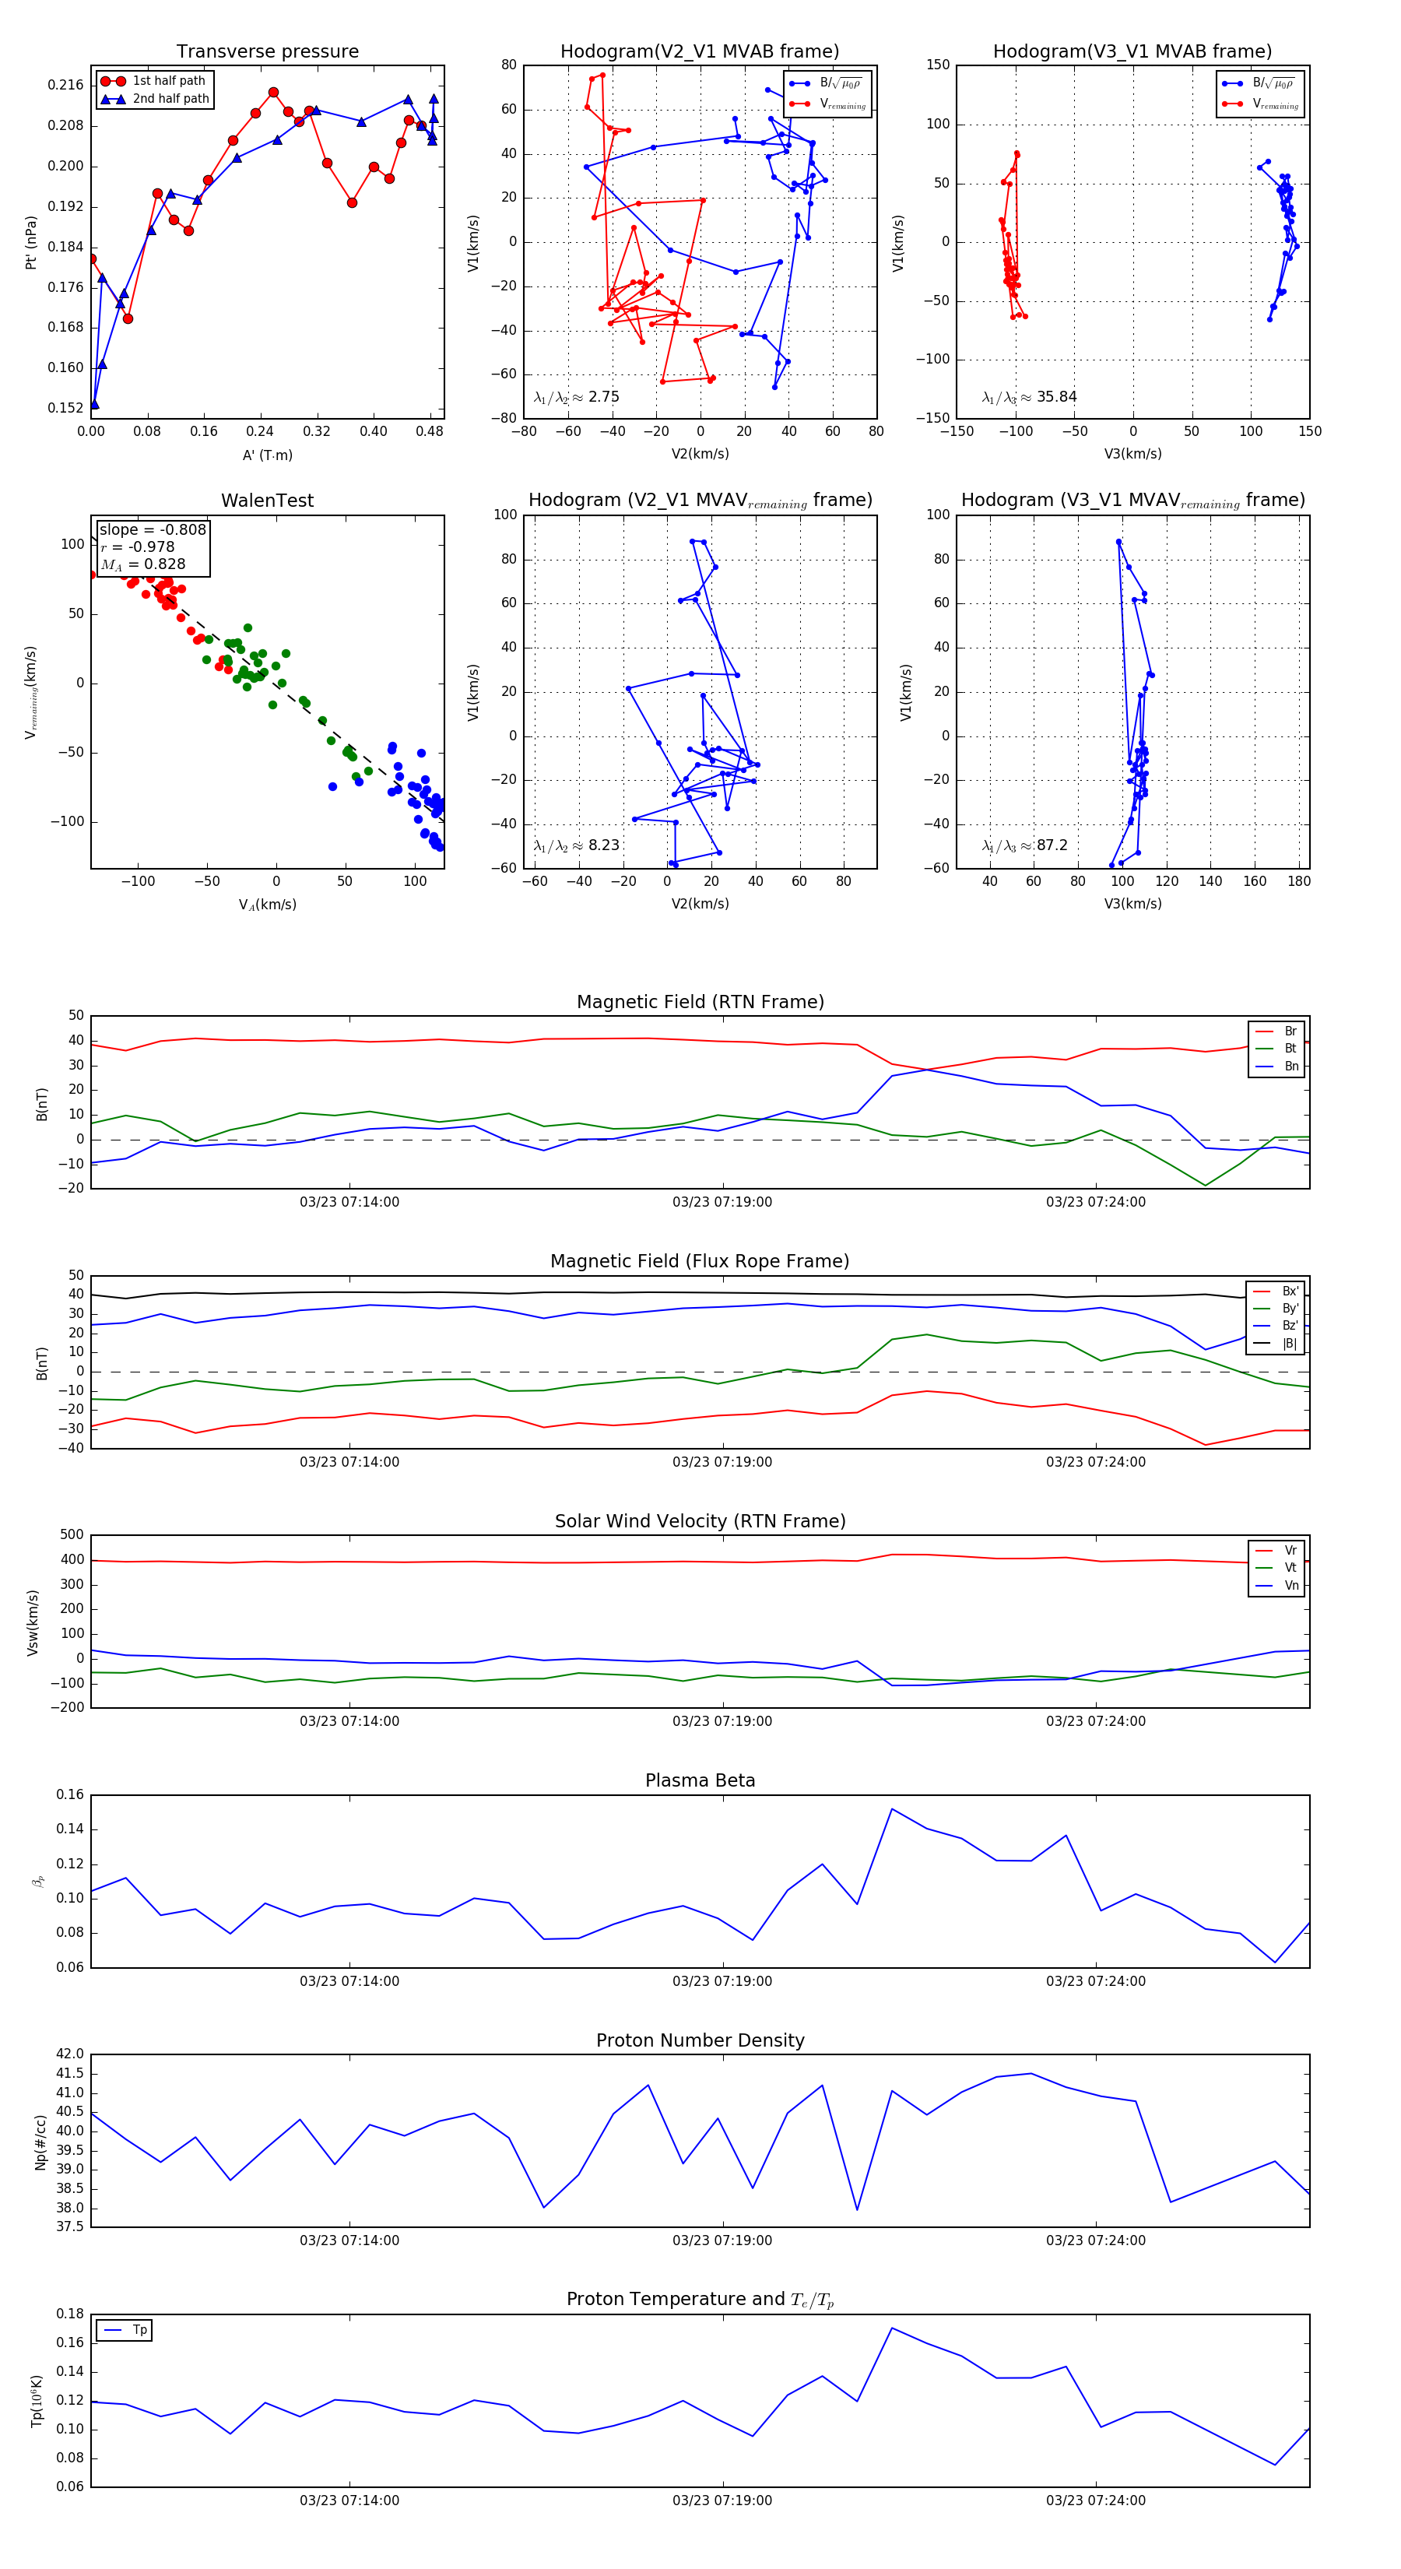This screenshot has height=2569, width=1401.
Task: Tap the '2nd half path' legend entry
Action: coord(170,99)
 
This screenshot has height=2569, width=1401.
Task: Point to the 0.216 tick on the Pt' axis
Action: coord(66,86)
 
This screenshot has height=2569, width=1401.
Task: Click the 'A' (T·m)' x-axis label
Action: coord(267,455)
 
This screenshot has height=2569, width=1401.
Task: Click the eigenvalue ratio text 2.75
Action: coord(603,397)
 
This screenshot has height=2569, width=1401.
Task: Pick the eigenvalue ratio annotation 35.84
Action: coord(1056,397)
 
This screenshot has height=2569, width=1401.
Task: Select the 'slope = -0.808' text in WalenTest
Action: coord(153,529)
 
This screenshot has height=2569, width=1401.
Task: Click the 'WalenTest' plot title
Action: coord(267,501)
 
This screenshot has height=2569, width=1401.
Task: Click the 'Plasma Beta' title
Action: coord(700,1780)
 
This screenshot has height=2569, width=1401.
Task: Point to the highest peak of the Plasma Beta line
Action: coord(891,1809)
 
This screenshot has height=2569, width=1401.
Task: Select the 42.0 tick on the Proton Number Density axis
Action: coord(70,2054)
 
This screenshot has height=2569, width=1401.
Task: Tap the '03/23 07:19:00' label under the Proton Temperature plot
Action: coord(722,2500)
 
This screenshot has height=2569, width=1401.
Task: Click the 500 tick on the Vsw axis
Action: coord(72,1535)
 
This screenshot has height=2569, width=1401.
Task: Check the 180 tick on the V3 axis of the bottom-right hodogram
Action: coord(1298,881)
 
